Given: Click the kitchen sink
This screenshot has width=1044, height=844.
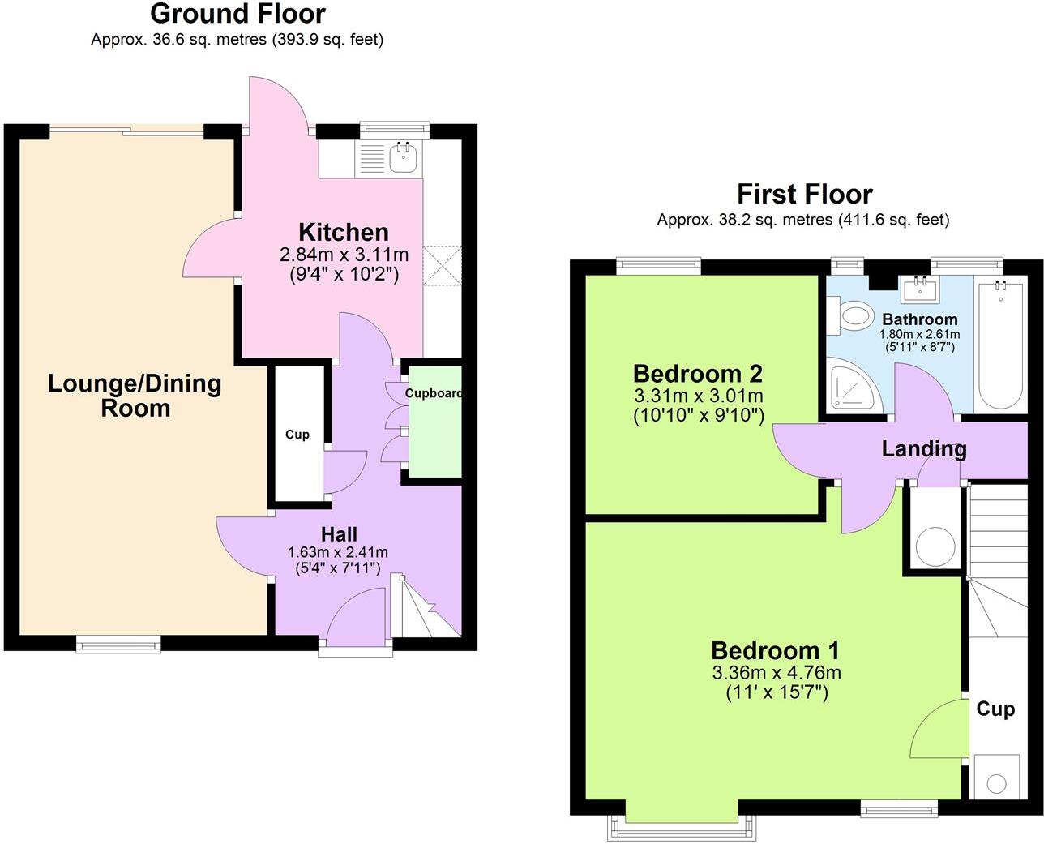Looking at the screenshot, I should point(402,157).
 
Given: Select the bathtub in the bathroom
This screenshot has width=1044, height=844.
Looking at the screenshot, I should point(1002,345).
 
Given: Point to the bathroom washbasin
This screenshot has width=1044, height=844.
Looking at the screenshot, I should point(920,288).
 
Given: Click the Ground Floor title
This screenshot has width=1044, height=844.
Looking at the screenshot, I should point(237,14).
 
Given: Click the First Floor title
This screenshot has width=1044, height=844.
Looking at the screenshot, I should point(804,194).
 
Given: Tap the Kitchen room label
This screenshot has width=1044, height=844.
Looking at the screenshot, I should point(344,233).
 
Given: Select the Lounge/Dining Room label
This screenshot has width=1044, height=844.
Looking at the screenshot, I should point(135,395).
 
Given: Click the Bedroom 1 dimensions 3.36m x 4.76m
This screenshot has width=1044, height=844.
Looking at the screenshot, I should point(776,673).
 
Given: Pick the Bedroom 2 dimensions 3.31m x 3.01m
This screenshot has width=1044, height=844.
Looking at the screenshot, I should point(697,396).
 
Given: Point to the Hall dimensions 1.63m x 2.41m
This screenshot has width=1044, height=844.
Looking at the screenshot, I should point(338,552).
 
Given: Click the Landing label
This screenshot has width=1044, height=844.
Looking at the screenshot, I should point(924,448).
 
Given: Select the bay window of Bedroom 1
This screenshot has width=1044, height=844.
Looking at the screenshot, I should point(682,826).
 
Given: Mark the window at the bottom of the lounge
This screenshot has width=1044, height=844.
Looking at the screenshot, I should point(118,645).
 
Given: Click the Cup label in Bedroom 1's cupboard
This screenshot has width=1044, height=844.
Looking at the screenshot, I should point(995,709).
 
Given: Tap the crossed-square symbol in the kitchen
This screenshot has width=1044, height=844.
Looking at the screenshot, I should point(443,264).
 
